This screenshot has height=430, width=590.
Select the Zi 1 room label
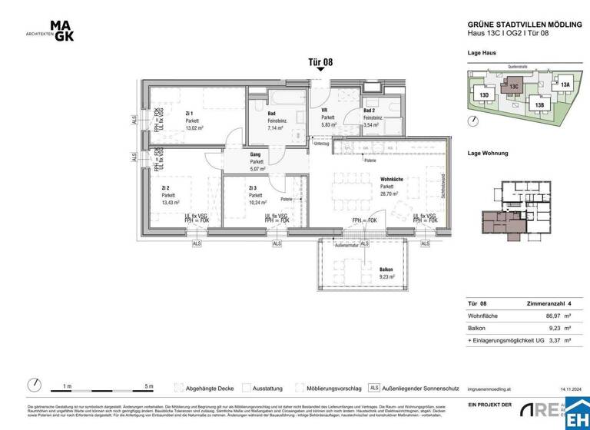pos(189,114)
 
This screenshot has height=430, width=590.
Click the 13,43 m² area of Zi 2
pos(171,203)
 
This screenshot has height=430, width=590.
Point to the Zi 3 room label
pos(254,187)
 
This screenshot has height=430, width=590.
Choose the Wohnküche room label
pos(393,179)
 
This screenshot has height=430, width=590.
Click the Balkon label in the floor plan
pos(386,270)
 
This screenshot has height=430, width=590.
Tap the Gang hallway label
pos(256,155)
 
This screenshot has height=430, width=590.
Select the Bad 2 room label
pos(370,111)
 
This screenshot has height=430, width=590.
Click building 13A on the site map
pos(565,84)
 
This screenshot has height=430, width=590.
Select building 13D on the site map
pos(484,95)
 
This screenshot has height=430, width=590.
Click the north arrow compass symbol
pos(35,385)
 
